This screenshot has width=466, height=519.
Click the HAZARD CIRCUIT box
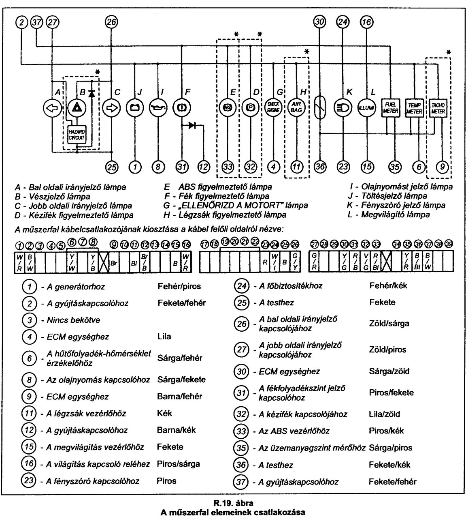pyautogui.click(x=77, y=135)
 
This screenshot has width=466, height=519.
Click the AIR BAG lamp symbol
pyautogui.click(x=296, y=108)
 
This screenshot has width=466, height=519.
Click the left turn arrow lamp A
pyautogui.click(x=52, y=108)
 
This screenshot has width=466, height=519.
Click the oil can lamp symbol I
pyautogui.click(x=158, y=108)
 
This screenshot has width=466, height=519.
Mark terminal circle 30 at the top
pyautogui.click(x=320, y=24)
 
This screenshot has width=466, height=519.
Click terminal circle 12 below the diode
pyautogui.click(x=204, y=167)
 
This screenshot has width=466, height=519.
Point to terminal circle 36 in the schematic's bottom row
pyautogui.click(x=320, y=167)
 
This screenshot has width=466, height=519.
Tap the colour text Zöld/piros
pyautogui.click(x=388, y=350)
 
